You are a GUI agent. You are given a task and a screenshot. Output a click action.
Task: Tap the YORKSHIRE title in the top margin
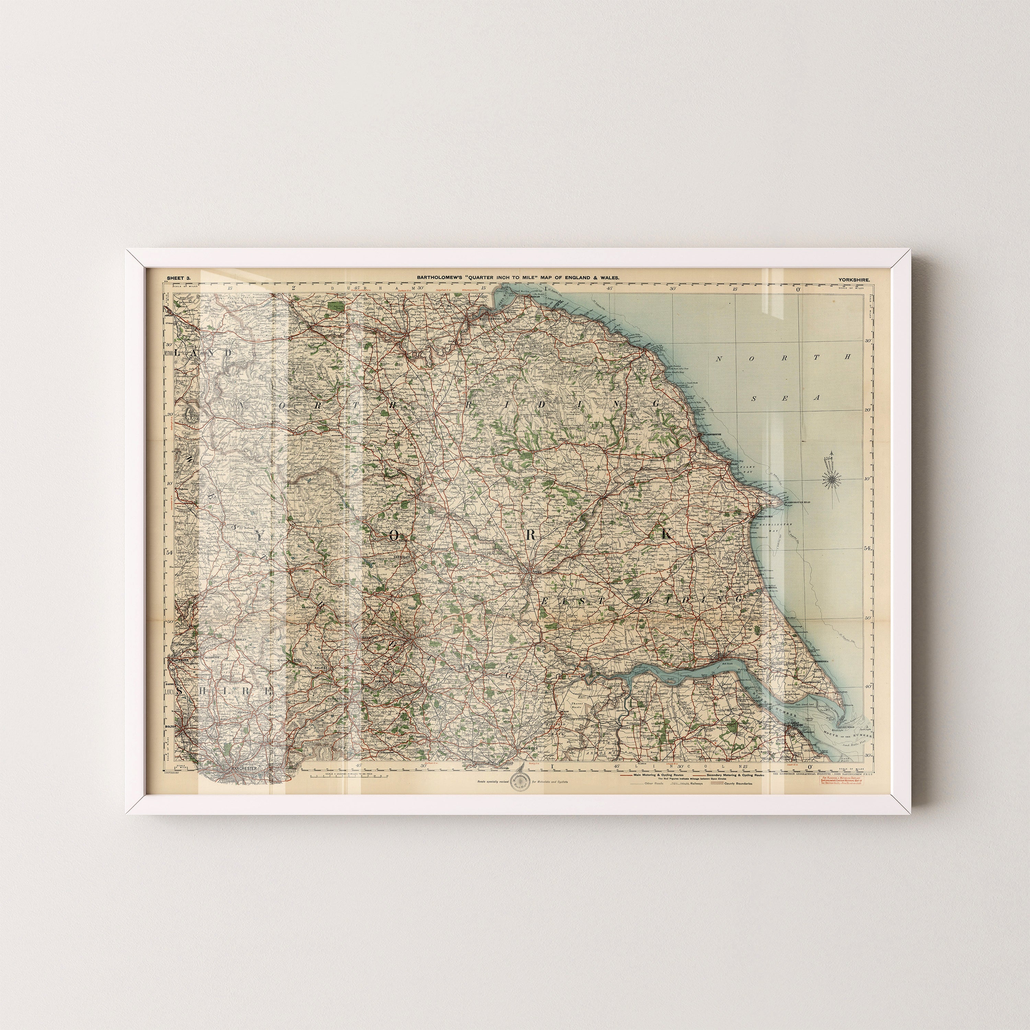coord(854,279)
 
